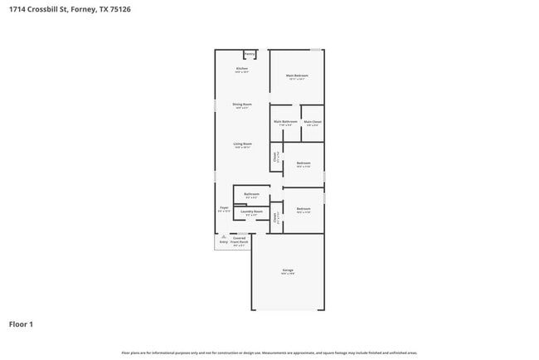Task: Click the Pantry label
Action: [250, 54]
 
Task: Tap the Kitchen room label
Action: [242, 68]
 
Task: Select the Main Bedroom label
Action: [297, 75]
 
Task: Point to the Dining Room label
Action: [242, 104]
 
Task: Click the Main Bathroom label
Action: [285, 121]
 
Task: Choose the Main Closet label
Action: [313, 121]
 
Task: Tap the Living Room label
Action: [242, 144]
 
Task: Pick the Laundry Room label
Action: [252, 212]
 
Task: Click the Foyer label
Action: [224, 207]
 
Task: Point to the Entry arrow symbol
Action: [223, 236]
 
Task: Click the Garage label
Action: [288, 270]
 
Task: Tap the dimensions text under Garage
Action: [288, 275]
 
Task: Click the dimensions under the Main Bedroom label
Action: [297, 80]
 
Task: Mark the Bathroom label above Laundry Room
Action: [251, 193]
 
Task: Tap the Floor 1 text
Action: [21, 324]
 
